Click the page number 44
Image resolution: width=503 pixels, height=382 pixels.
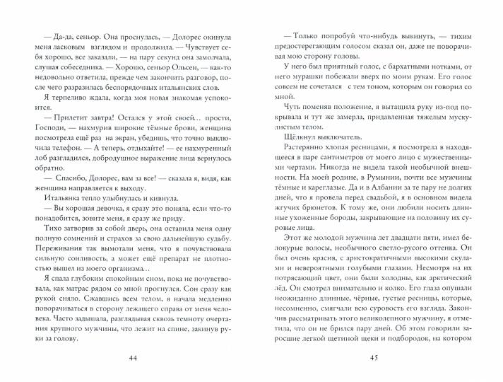tap(133, 357)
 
